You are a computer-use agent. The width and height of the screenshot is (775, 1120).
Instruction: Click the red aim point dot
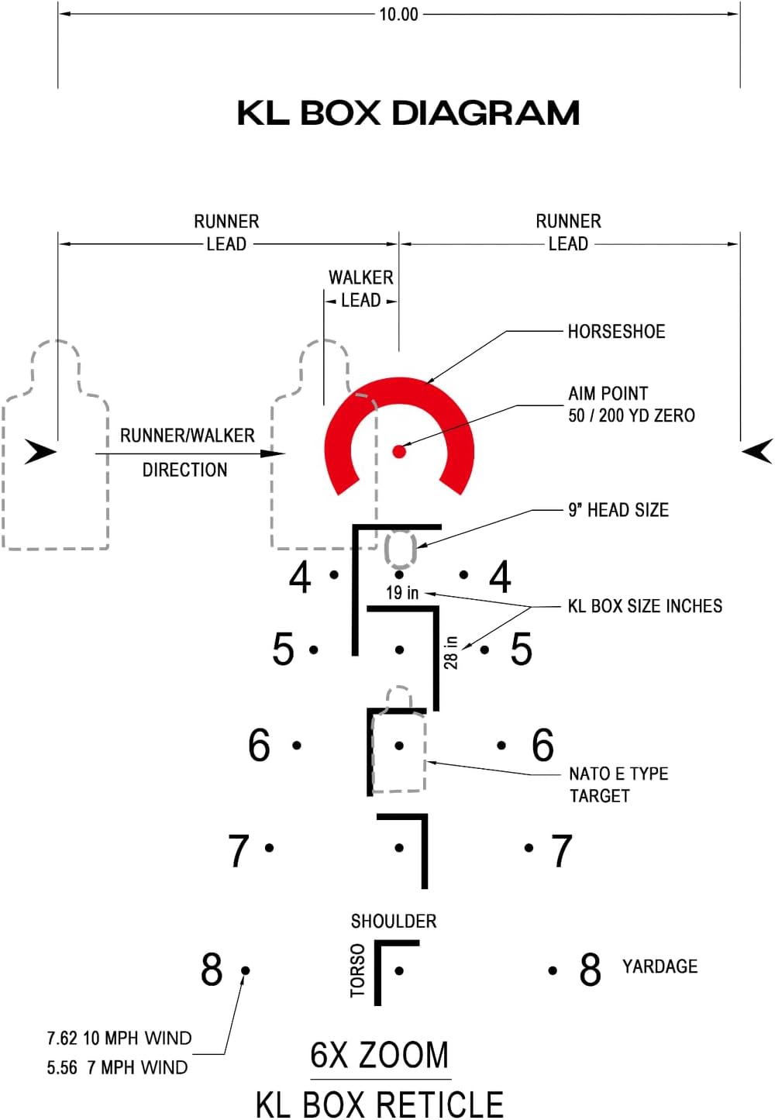pos(399,451)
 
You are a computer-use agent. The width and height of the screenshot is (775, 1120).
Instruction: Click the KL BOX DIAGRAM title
pos(408,113)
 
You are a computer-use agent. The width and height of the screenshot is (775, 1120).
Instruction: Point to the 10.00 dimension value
pos(398,15)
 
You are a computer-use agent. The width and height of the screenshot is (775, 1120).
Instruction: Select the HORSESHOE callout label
pos(616,332)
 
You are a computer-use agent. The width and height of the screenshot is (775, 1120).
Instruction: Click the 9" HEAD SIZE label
pos(618,510)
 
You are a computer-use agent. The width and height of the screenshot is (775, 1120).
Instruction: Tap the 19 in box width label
pos(402,593)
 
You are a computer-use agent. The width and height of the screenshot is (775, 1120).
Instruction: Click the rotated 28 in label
pos(450,653)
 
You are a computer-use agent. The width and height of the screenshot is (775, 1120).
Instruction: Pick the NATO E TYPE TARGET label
pos(618,784)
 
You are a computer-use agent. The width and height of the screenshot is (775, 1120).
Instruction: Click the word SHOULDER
pos(394,922)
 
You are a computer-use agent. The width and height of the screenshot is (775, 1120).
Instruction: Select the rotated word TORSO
pos(357,970)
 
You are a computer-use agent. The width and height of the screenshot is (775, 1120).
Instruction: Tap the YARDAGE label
pos(660,967)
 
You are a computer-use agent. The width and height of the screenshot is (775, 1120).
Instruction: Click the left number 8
pos(212,970)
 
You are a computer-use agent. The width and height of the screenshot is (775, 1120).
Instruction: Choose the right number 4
pos(500,577)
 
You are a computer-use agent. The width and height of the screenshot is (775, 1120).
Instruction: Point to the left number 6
pos(259,745)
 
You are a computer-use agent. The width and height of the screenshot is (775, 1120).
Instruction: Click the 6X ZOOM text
pos(379,1055)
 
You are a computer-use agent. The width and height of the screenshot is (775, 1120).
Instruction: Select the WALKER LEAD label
pos(360,288)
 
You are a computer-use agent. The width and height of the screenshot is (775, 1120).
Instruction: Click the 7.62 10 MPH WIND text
pos(119,1038)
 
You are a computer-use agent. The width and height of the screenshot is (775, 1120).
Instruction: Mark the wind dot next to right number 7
pos(529,848)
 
